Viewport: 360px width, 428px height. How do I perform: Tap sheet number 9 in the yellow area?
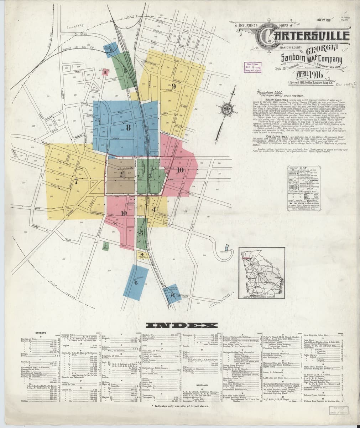click(x=174, y=86)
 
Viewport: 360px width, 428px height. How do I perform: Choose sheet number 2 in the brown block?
click(x=121, y=174)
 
